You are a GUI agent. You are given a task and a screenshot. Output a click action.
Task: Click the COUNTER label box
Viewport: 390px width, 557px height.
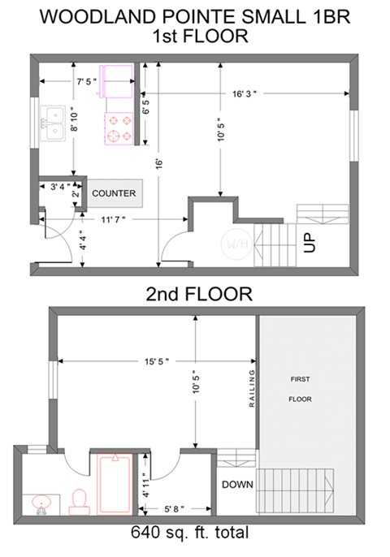(x=113, y=193)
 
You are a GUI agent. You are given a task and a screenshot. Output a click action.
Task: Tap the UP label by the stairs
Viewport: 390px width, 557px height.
(x=310, y=243)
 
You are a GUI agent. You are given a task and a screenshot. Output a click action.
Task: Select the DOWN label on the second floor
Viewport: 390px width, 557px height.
(x=236, y=485)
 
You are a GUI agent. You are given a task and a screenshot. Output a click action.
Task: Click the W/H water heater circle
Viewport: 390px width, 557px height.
(x=236, y=244)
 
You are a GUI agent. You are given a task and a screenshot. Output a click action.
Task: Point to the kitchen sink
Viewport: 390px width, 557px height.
(x=54, y=124)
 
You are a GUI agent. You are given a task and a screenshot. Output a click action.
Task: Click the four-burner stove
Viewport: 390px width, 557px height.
(x=119, y=128)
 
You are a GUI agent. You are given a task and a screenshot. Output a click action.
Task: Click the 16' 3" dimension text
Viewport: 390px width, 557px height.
(x=244, y=94)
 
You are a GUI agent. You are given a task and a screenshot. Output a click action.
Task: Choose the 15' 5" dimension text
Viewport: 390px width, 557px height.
(x=155, y=361)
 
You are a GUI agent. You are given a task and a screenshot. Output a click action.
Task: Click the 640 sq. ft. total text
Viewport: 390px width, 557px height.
(x=189, y=533)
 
